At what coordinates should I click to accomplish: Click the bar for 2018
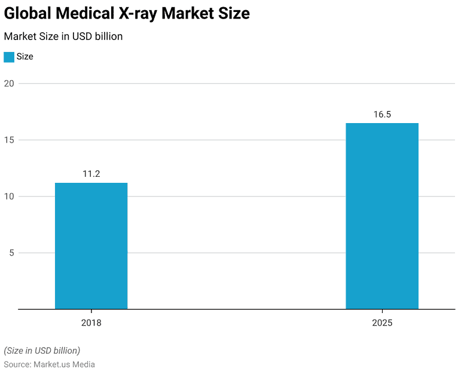click(x=91, y=246)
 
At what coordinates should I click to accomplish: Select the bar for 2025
click(x=382, y=216)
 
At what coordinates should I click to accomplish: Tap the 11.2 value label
click(x=91, y=174)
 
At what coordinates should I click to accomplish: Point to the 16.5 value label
click(x=382, y=114)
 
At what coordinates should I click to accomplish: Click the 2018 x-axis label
click(x=91, y=323)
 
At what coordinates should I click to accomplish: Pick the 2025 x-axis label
click(x=382, y=323)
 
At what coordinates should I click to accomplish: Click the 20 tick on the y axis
click(x=9, y=83)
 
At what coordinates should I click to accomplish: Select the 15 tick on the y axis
click(x=9, y=140)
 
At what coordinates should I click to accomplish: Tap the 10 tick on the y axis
click(x=9, y=196)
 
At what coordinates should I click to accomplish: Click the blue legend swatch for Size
click(x=9, y=57)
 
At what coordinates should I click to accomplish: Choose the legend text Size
click(x=25, y=57)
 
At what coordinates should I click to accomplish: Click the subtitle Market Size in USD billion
click(x=63, y=36)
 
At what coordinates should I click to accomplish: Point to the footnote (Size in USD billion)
click(x=42, y=350)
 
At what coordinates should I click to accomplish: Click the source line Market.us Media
click(x=64, y=364)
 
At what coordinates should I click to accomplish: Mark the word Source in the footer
click(x=17, y=364)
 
